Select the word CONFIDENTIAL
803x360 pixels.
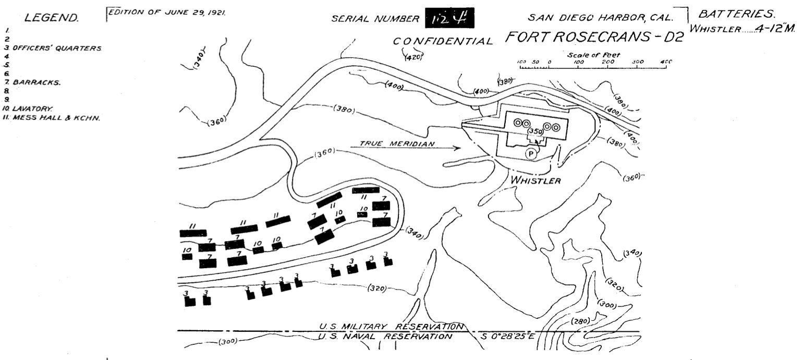coord(443,41)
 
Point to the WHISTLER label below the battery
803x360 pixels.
coord(536,181)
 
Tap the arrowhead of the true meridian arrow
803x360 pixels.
coord(458,148)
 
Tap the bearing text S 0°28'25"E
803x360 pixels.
coord(509,337)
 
